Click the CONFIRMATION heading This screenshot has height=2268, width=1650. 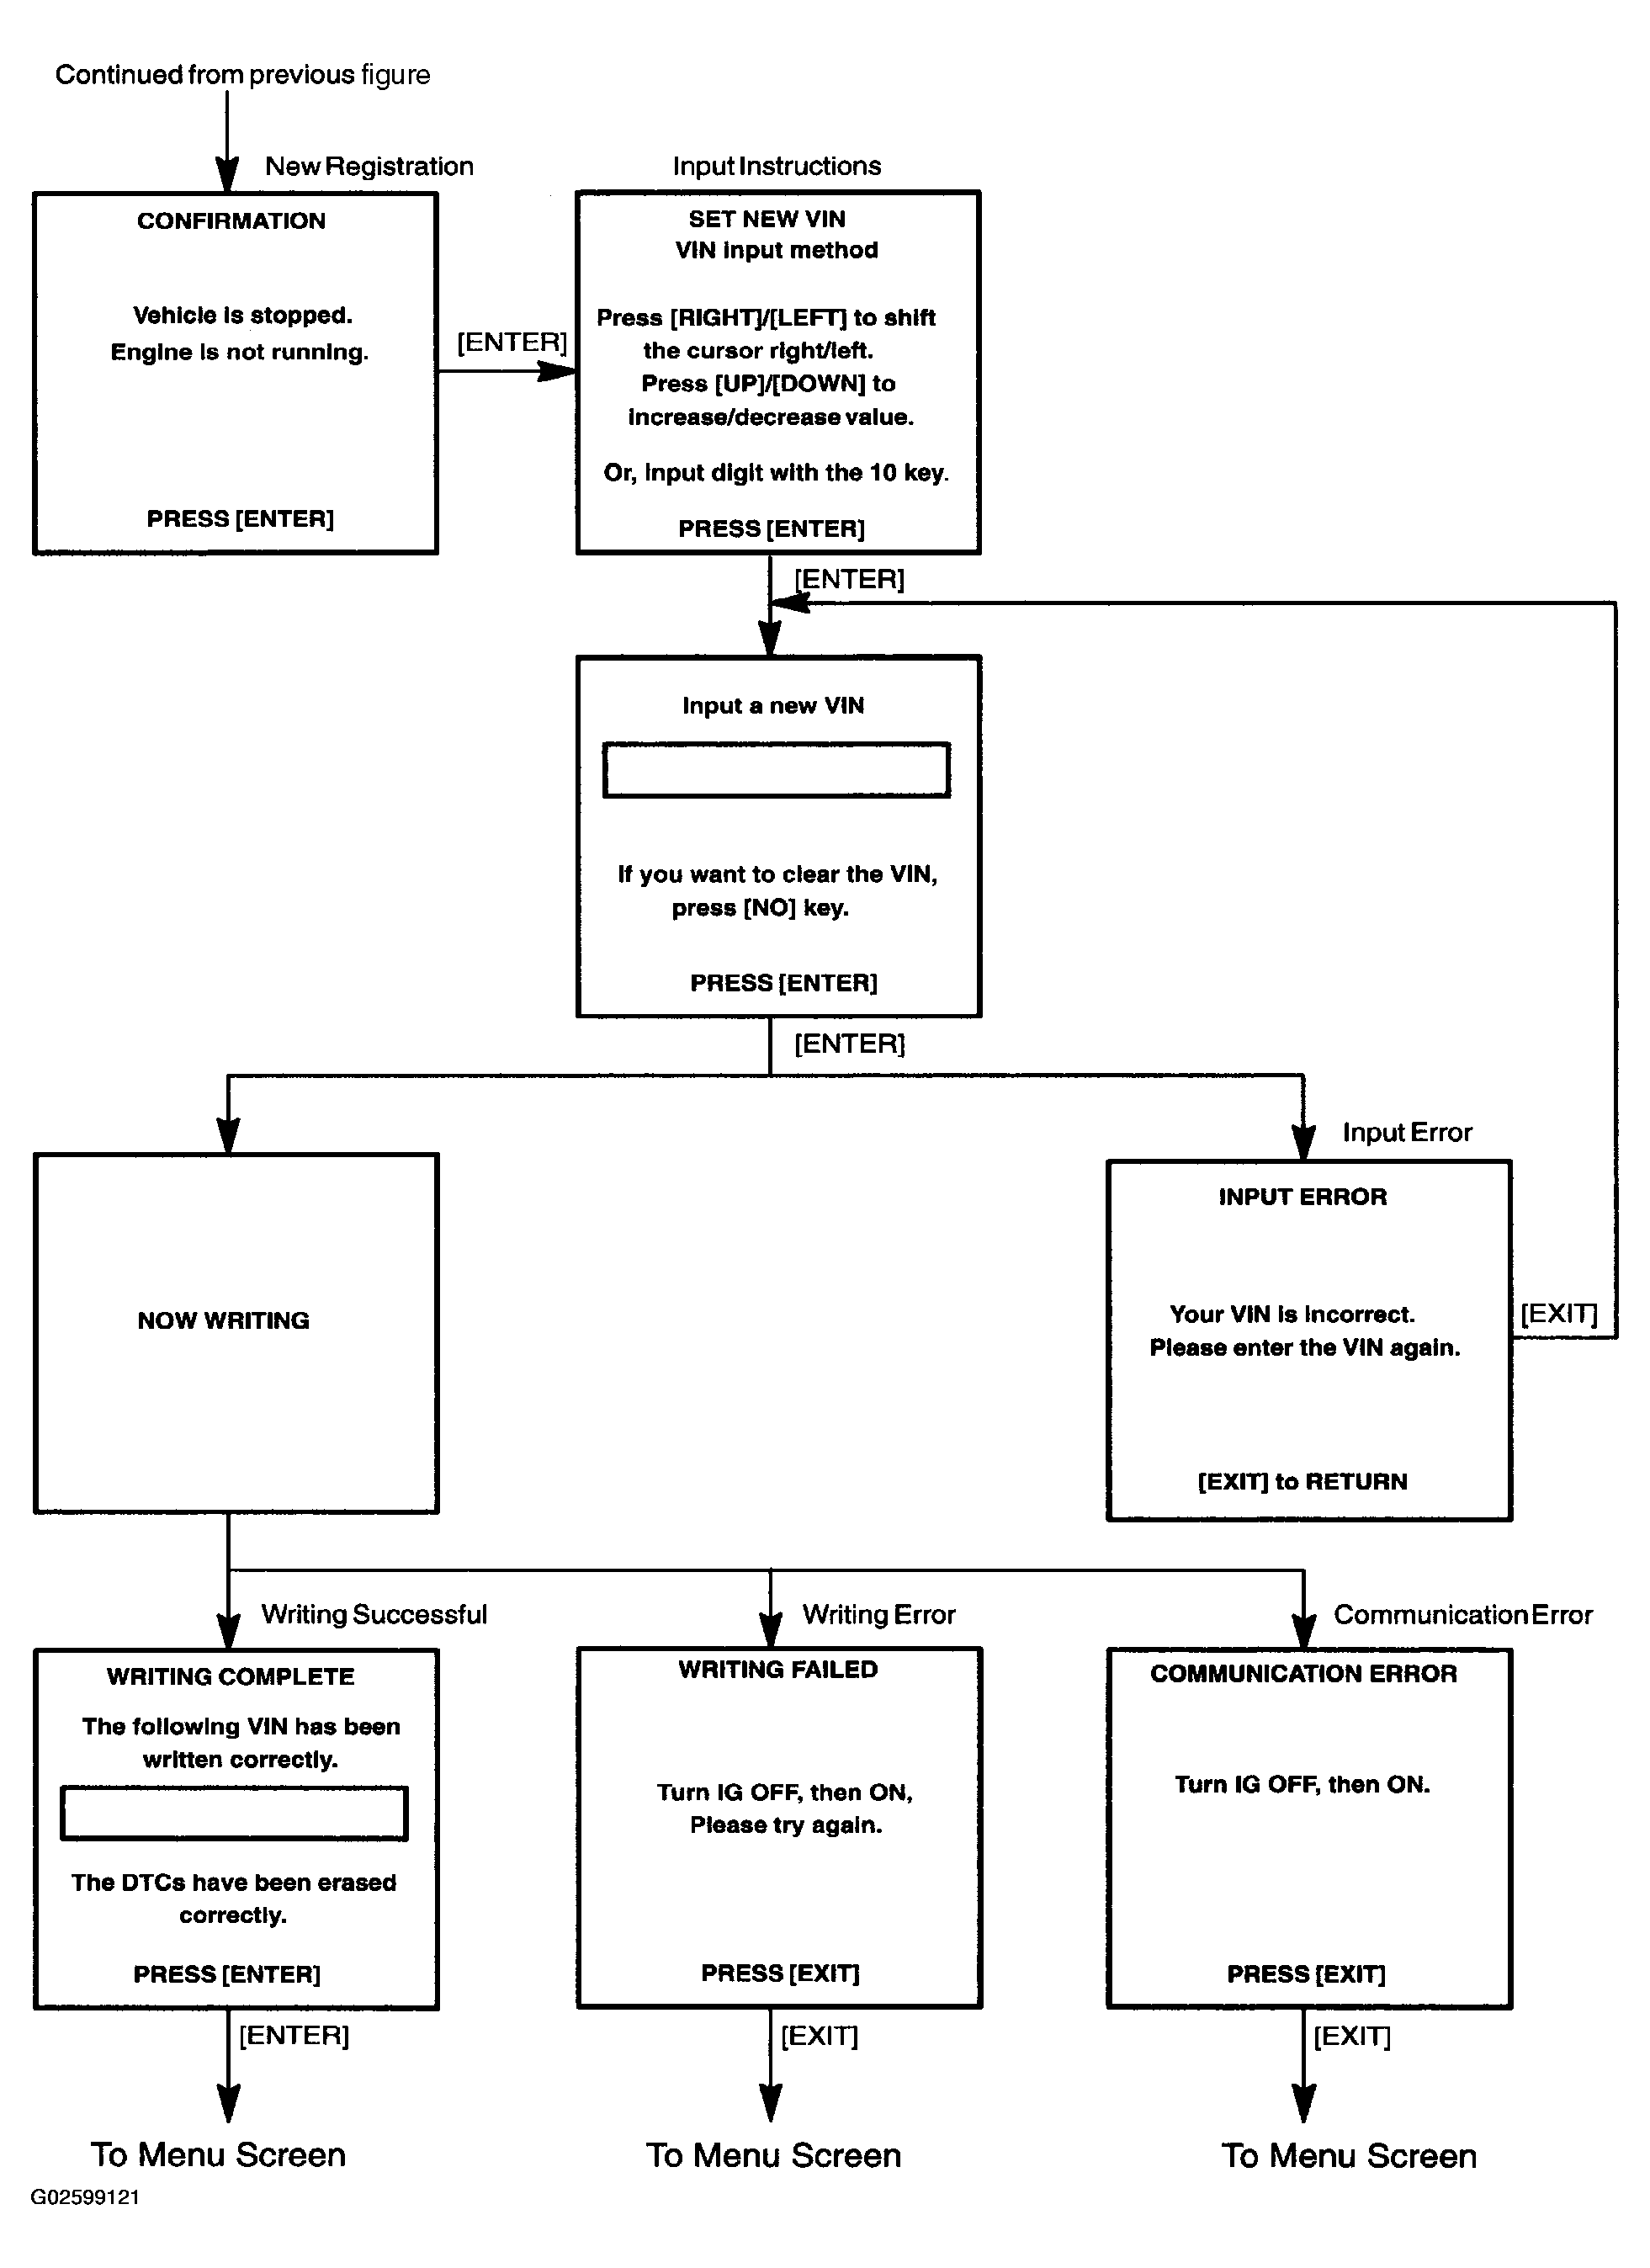click(231, 221)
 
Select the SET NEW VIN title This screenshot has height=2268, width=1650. click(767, 219)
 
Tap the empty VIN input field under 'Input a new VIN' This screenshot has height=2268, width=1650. click(776, 770)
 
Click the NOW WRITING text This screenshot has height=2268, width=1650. click(223, 1320)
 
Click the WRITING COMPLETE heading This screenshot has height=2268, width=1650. click(231, 1677)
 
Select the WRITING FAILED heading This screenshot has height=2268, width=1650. click(778, 1669)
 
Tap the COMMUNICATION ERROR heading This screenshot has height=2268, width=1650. click(1303, 1673)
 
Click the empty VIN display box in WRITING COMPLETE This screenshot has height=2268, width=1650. click(234, 1813)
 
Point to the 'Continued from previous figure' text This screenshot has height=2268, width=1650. click(243, 75)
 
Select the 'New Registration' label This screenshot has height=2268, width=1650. click(369, 166)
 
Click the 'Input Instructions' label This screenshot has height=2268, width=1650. click(777, 166)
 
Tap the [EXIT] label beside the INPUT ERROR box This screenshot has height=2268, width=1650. click(1559, 1313)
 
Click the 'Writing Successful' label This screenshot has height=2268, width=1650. click(374, 1614)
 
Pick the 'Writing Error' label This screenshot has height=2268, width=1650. click(879, 1614)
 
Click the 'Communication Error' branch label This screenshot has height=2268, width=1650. click(1463, 1614)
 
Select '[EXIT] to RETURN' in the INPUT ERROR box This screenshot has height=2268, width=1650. click(1302, 1481)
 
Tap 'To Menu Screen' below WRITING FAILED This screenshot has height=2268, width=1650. click(773, 2155)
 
